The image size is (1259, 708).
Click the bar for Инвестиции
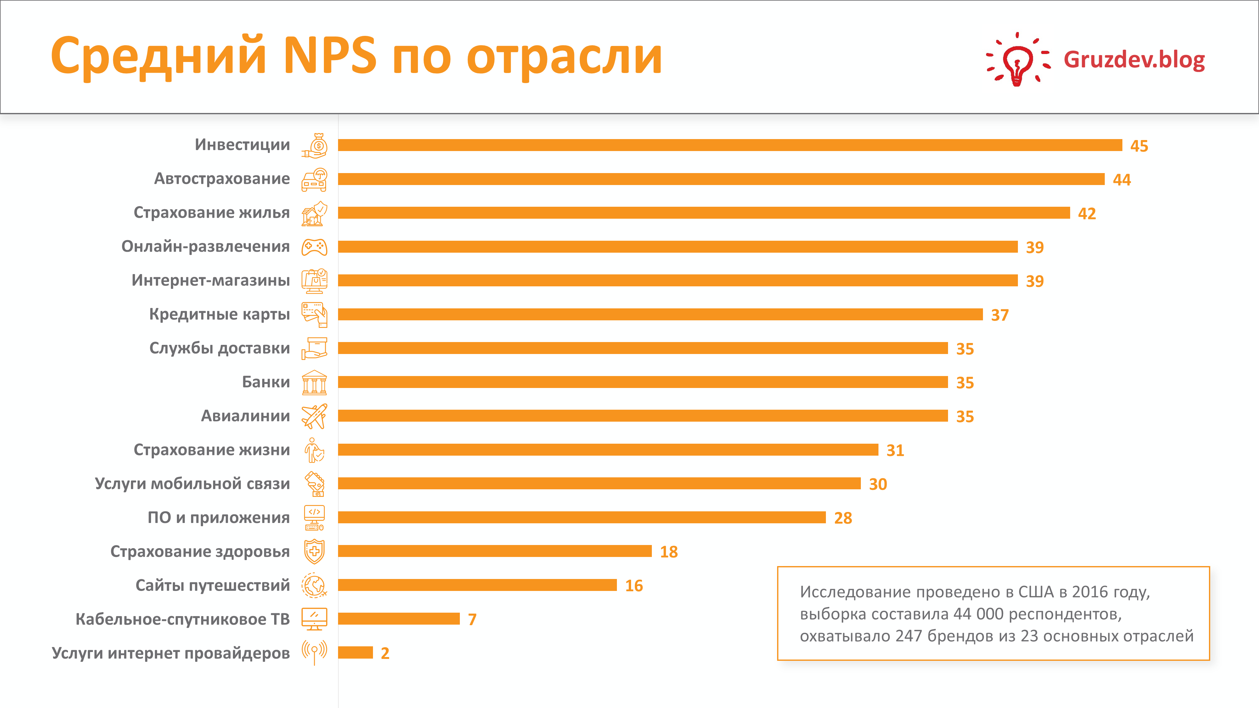[730, 145]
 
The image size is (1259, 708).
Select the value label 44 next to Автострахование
[1122, 180]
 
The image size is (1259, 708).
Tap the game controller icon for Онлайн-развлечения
[314, 247]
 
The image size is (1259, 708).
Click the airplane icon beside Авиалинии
[314, 416]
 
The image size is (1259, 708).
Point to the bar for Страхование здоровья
[494, 551]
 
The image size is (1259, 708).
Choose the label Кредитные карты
[219, 314]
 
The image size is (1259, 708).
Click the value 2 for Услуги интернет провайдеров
[385, 653]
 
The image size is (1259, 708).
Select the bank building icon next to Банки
[314, 383]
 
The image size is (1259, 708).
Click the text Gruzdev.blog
[1134, 59]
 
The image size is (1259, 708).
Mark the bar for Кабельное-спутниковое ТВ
[399, 619]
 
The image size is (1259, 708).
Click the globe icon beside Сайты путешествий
[314, 585]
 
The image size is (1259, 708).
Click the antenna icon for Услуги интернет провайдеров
[314, 652]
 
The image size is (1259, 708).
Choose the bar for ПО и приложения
[582, 517]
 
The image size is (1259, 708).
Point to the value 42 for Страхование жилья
[1087, 214]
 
